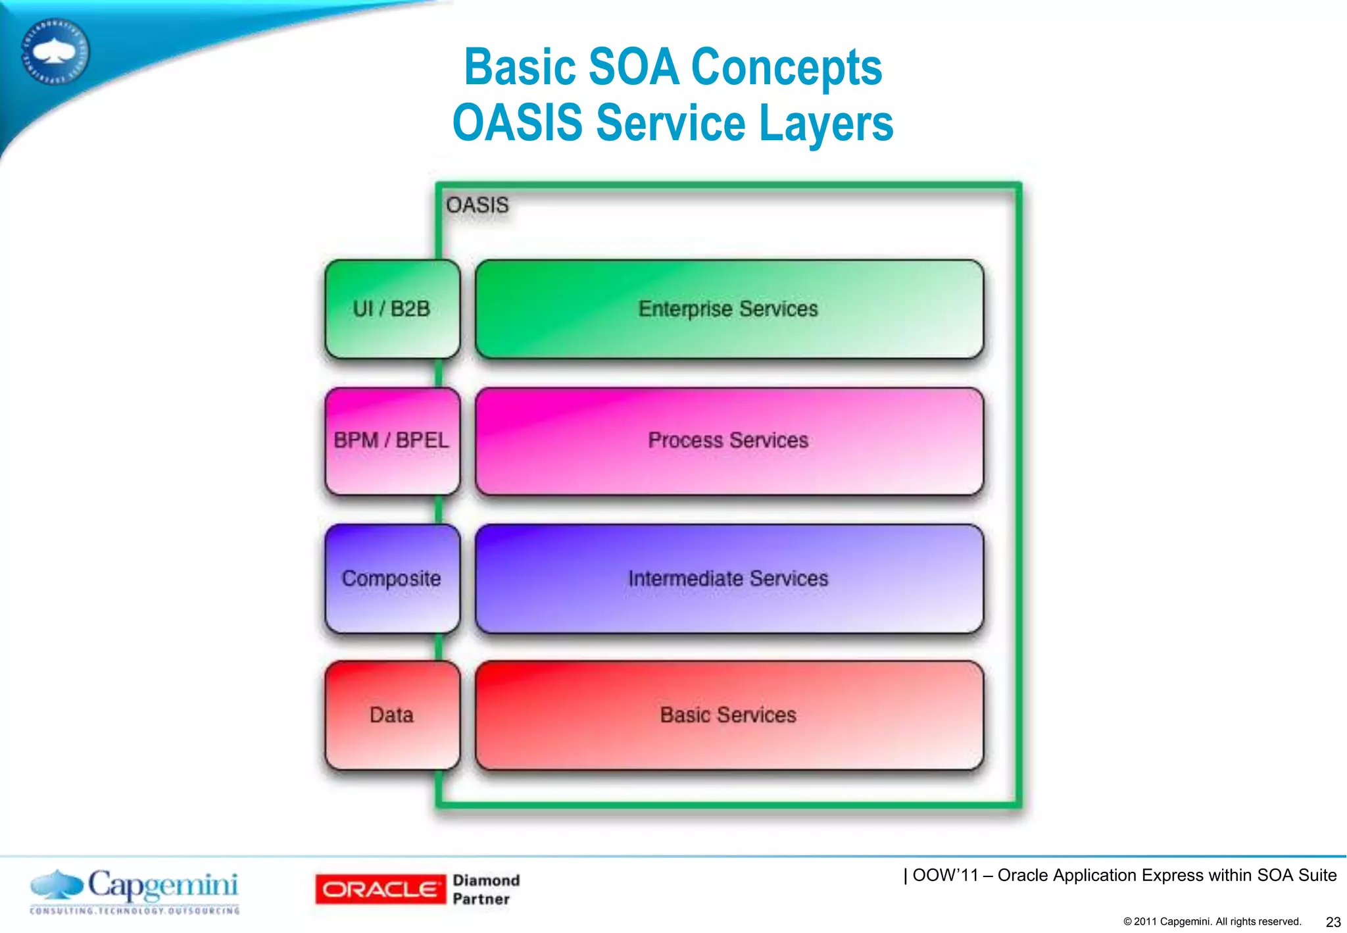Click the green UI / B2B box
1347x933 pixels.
point(392,309)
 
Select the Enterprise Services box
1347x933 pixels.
point(729,309)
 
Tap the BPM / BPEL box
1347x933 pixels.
point(392,440)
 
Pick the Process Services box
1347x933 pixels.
point(729,440)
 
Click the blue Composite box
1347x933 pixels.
point(392,578)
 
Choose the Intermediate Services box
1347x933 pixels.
point(729,578)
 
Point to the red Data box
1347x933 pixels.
point(392,715)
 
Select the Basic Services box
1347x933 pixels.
point(729,715)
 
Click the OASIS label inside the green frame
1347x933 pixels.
point(478,205)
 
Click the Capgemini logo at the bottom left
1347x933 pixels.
point(135,886)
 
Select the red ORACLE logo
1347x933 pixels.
point(380,890)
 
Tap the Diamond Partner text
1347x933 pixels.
point(485,890)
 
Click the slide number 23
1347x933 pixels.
point(1333,922)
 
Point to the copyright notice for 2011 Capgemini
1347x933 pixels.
point(1212,922)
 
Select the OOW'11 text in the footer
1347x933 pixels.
point(943,875)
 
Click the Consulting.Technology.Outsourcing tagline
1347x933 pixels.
point(135,911)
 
